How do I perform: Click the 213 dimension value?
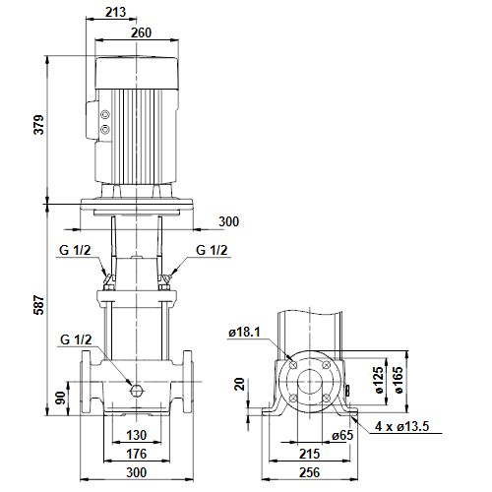point(115,12)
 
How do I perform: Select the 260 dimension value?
point(142,32)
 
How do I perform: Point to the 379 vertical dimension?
point(39,125)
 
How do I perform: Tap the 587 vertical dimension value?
point(39,305)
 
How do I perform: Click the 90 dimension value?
point(61,398)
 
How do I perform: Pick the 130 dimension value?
point(137,435)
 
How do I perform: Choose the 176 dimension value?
point(137,454)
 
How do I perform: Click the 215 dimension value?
point(309,454)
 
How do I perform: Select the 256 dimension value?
point(309,472)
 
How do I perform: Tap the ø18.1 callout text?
point(244,332)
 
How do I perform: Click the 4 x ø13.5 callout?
point(402,426)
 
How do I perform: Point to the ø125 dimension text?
point(378,380)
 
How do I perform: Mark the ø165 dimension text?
point(398,380)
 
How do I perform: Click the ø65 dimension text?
point(342,435)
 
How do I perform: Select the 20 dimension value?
point(240,384)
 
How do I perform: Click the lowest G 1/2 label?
point(76,339)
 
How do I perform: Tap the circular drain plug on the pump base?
point(136,390)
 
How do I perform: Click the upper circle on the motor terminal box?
point(105,115)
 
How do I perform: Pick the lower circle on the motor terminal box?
point(105,130)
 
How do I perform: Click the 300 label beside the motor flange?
point(229,221)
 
